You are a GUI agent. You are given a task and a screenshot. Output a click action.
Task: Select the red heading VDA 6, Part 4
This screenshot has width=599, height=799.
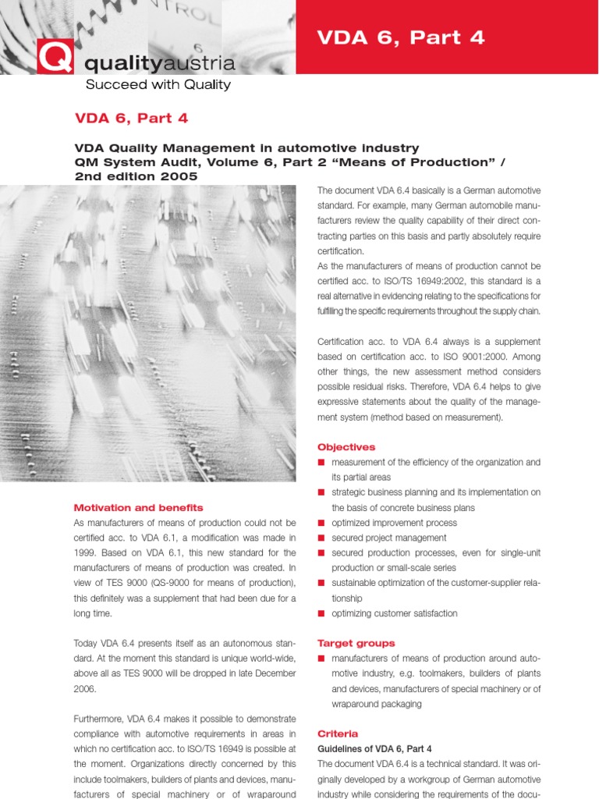[x=131, y=119]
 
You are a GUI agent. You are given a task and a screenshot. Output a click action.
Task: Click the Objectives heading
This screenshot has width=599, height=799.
[x=346, y=447]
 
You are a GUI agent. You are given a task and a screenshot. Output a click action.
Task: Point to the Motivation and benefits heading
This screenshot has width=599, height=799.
[x=138, y=507]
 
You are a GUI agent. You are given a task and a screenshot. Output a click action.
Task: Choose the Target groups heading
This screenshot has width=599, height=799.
[x=356, y=643]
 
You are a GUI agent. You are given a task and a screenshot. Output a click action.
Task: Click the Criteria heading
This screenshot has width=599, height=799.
[x=338, y=733]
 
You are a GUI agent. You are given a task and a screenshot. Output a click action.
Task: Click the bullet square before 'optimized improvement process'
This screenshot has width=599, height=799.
[x=321, y=523]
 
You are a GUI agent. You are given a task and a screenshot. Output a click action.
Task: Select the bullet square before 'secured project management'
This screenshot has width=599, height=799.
[x=321, y=538]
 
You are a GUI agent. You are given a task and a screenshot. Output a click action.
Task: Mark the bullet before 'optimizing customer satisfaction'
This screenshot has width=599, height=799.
[x=321, y=613]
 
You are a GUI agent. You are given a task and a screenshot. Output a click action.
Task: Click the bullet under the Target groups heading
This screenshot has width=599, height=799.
[x=321, y=659]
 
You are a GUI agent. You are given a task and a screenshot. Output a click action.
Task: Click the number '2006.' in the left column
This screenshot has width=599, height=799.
[x=85, y=688]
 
